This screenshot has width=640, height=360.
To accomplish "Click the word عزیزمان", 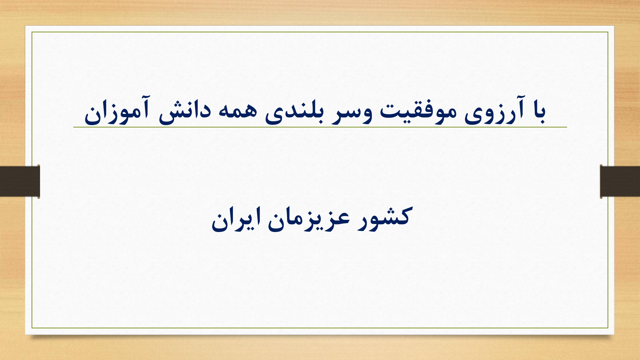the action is coord(308,219).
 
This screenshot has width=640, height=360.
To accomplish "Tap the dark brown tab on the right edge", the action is coord(620,181).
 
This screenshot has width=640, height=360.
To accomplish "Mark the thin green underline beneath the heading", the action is coord(320,127).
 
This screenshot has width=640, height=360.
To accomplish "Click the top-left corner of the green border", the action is coord(32,32).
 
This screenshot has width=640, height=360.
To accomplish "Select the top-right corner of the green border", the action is coord(608,32).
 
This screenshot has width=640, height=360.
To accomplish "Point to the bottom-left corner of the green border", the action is coord(32,328).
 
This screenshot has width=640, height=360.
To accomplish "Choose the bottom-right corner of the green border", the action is coord(608,328).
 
